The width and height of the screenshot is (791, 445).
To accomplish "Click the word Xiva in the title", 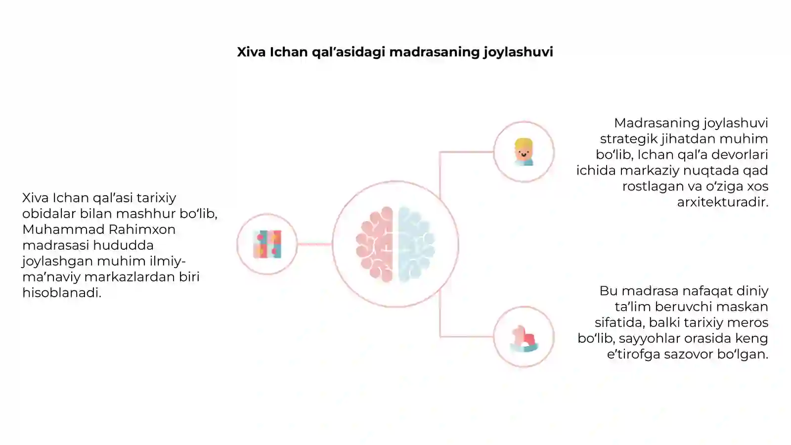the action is coord(251,52).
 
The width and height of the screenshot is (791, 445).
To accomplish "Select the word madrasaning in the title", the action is coord(435,52).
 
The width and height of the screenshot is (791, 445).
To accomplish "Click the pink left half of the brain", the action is coord(375,244).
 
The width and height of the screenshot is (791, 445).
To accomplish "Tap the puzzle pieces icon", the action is coord(267,244).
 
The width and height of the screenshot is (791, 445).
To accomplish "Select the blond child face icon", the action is coord(524,152).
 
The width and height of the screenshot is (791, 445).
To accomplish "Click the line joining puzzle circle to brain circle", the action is coord(314,244).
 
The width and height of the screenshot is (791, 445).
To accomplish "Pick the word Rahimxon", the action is coord(142,229).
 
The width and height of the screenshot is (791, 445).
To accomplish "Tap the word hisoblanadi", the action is coord(62,293).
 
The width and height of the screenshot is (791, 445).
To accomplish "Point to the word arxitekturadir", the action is coord(722,202).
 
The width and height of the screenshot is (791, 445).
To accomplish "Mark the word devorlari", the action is coord(740,155).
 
